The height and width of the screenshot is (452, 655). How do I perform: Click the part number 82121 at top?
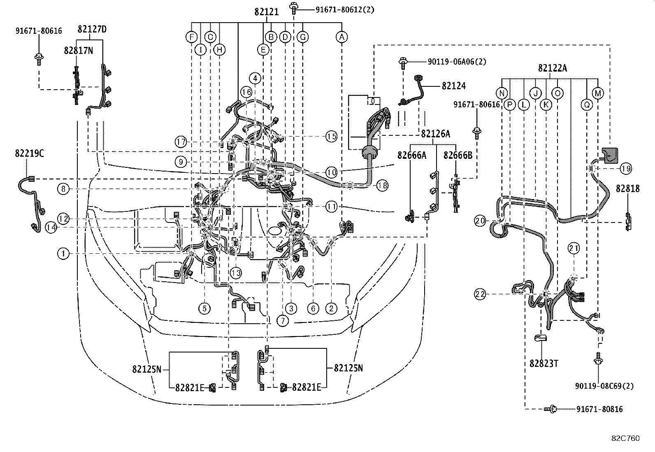[x=266, y=12]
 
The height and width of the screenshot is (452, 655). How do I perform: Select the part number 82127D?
[x=92, y=29]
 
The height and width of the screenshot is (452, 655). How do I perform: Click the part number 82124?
[x=454, y=86]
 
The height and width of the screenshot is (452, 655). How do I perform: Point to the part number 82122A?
[x=552, y=68]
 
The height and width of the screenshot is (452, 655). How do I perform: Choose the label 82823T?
[x=544, y=364]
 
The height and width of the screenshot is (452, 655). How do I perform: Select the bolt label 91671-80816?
[x=599, y=409]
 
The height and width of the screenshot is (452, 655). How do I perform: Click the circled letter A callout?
[x=341, y=37]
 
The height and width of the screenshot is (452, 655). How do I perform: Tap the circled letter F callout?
[x=191, y=37]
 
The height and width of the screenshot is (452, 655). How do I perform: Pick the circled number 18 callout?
[x=382, y=186]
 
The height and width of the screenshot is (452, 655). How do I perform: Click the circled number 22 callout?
[x=480, y=294]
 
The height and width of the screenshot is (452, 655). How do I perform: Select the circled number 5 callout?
[x=204, y=308]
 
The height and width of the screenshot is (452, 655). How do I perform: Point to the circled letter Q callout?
[x=587, y=105]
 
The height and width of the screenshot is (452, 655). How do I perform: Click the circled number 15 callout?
[x=331, y=136]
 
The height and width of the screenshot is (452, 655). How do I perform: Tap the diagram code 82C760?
[x=625, y=438]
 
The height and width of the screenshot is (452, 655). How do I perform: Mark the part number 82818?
[x=628, y=188]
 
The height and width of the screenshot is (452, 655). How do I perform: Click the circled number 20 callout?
[x=480, y=221]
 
